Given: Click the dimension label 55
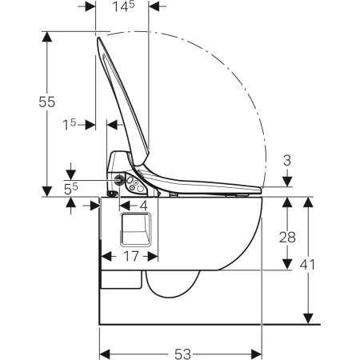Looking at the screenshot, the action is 47,102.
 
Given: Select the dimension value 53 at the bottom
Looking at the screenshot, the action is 183,354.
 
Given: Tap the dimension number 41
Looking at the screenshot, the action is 307,265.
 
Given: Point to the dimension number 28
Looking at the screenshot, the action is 287,237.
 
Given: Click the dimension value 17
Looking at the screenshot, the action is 131,256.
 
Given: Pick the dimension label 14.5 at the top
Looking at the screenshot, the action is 123,6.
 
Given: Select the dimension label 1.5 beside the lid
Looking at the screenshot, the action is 70,125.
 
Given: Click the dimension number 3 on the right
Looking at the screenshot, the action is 287,161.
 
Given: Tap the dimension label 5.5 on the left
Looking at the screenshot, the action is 71,189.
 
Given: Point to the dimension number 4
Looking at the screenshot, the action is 143,206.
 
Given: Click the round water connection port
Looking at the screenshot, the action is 119,181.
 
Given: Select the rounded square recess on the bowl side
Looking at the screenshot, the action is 135,230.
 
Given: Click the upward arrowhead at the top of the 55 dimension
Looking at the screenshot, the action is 47,37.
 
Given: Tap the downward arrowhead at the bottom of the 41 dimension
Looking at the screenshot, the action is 308,319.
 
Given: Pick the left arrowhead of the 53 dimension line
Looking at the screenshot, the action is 105,354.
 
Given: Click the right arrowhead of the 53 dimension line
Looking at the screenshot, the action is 257,354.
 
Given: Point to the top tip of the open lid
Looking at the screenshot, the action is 98,38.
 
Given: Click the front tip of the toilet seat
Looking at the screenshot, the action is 261,190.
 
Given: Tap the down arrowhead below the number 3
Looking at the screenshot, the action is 287,182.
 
